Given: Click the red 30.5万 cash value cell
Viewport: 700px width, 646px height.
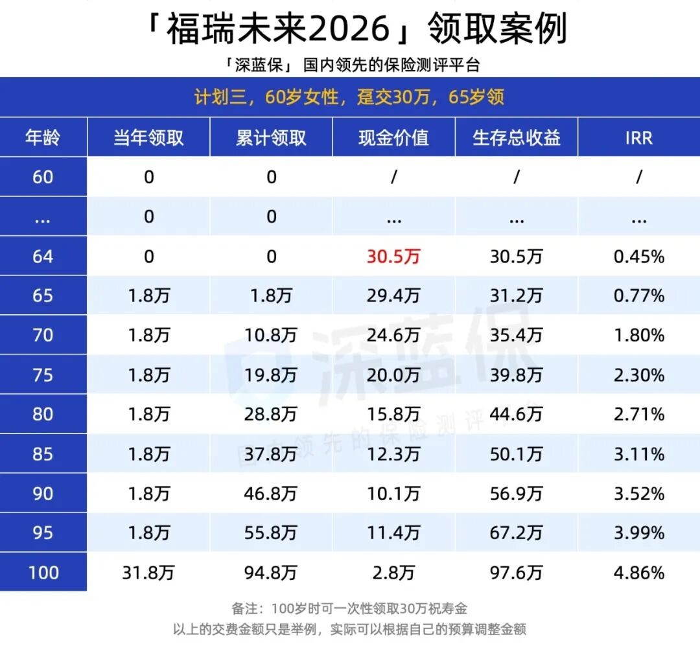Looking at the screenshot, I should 393,257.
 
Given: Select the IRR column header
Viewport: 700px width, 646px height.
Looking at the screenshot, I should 638,137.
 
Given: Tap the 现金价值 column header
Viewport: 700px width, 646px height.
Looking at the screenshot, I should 393,137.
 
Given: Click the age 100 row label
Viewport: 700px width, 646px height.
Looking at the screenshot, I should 43,573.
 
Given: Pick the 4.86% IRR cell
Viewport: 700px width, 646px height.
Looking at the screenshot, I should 638,573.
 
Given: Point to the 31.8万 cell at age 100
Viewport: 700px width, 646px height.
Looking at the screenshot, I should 148,573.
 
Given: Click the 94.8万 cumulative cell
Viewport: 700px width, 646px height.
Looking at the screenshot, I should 271,573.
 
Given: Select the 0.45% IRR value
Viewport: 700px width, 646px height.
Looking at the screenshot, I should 638,257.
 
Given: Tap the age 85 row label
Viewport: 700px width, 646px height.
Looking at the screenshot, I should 43,454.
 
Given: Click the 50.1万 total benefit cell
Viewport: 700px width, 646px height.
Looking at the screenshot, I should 516,454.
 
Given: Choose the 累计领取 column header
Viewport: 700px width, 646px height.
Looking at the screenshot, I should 271,137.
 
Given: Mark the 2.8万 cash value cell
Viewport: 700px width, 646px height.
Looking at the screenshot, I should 393,573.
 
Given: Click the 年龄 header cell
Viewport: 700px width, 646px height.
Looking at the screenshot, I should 43,137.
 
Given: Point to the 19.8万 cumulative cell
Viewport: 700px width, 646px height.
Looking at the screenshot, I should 271,375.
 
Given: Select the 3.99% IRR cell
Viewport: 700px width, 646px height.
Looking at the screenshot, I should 638,533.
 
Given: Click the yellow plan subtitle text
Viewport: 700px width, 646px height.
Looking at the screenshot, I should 349,98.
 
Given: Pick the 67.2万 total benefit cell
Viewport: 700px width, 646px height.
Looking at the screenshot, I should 516,533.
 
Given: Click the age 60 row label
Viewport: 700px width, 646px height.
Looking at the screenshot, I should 43,177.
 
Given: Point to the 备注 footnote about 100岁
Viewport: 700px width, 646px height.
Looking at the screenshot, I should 349,609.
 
